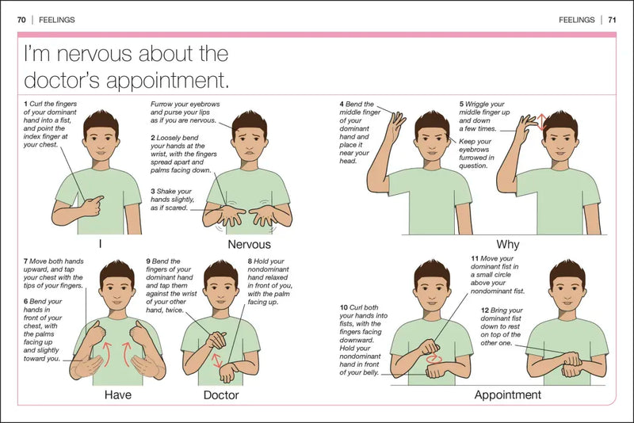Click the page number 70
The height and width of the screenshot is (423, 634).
tap(22, 20)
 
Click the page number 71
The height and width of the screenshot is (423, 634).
tap(612, 20)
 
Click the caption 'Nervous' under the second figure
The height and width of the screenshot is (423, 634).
tap(249, 245)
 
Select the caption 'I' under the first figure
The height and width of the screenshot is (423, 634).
tap(100, 245)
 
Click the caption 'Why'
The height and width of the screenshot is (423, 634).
tap(507, 245)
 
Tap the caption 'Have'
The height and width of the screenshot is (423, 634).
tap(117, 394)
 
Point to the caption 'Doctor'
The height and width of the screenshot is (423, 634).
tap(221, 394)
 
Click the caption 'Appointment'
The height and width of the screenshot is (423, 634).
tap(507, 394)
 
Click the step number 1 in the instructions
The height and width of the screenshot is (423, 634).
tap(25, 104)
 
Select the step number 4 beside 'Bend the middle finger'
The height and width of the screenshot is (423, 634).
tap(342, 104)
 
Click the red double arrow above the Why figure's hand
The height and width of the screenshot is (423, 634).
tap(542, 121)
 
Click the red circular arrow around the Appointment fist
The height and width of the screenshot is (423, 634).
tap(435, 358)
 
